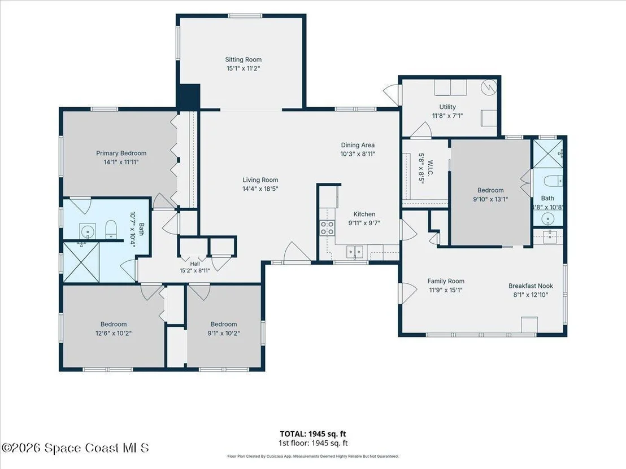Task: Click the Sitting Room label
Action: (243, 59)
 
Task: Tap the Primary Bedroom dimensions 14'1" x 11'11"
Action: (121, 162)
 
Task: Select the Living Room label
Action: (260, 180)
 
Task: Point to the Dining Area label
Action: (358, 145)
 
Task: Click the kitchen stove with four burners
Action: (327, 227)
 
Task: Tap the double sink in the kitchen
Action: (355, 252)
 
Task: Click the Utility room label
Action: (447, 107)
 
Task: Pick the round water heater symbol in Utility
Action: (489, 87)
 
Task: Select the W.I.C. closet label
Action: (431, 168)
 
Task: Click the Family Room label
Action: (446, 281)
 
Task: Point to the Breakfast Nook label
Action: (531, 286)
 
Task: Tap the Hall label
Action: (195, 264)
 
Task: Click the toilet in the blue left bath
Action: (111, 230)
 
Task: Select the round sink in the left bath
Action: (86, 231)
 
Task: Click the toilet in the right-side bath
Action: (553, 181)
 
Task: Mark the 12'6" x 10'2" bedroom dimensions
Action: (114, 333)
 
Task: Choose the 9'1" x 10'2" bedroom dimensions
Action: (224, 333)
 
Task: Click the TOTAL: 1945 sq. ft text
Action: (313, 434)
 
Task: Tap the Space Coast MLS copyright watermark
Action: (75, 448)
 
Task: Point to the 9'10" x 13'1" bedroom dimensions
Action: (490, 199)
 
